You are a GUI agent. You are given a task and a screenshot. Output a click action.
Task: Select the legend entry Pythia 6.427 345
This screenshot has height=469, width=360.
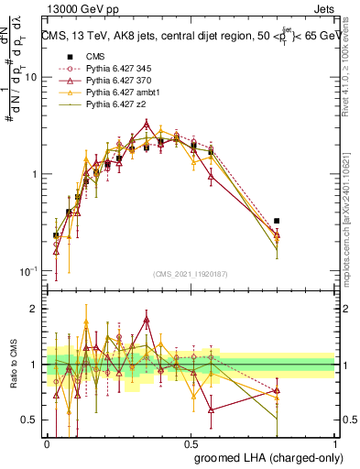pyautogui.click(x=116, y=69)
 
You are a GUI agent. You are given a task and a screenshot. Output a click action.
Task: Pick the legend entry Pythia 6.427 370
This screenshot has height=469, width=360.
pyautogui.click(x=116, y=82)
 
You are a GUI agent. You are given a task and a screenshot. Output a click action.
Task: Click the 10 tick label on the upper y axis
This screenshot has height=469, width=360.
pyautogui.click(x=29, y=78)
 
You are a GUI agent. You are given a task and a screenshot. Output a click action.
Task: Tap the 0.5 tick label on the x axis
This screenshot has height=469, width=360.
pyautogui.click(x=191, y=442)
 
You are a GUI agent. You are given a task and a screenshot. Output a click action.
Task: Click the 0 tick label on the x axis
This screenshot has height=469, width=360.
pyautogui.click(x=48, y=442)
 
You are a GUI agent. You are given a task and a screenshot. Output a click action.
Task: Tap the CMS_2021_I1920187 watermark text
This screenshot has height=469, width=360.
pyautogui.click(x=191, y=275)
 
